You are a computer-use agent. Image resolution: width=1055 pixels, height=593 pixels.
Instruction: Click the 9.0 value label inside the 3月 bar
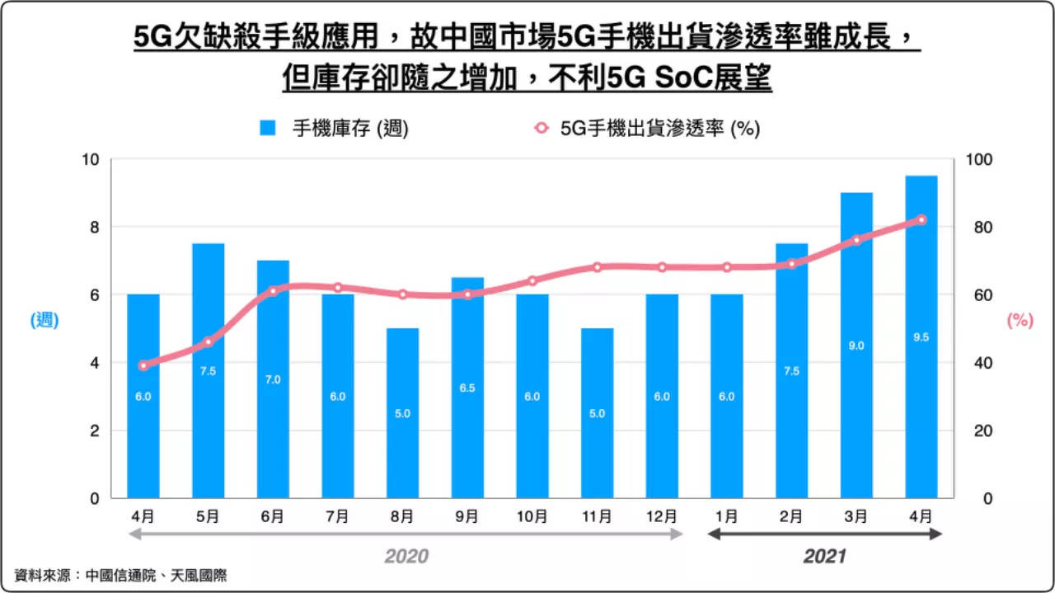pyautogui.click(x=856, y=346)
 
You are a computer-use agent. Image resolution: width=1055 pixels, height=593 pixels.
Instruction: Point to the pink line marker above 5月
pyautogui.click(x=209, y=341)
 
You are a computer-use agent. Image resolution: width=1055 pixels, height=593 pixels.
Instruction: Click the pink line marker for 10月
pyautogui.click(x=532, y=280)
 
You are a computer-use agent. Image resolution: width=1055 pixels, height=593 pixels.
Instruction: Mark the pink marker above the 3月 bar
pyautogui.click(x=856, y=240)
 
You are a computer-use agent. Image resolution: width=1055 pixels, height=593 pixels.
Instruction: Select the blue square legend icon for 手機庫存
pyautogui.click(x=267, y=129)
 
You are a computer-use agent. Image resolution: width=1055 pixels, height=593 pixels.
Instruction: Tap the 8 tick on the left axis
pyautogui.click(x=95, y=228)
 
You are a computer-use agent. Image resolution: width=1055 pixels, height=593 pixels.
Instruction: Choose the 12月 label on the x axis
pyautogui.click(x=661, y=516)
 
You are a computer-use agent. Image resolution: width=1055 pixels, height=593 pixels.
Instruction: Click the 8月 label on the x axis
pyautogui.click(x=402, y=516)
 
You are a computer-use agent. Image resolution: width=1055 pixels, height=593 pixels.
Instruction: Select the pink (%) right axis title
pyautogui.click(x=1020, y=321)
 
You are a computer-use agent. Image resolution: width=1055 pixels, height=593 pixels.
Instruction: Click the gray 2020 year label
pyautogui.click(x=406, y=557)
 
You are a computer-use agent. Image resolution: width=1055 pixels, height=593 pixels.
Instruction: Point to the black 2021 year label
pyautogui.click(x=824, y=557)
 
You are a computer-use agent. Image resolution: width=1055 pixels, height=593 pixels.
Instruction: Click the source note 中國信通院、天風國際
pyautogui.click(x=156, y=576)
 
